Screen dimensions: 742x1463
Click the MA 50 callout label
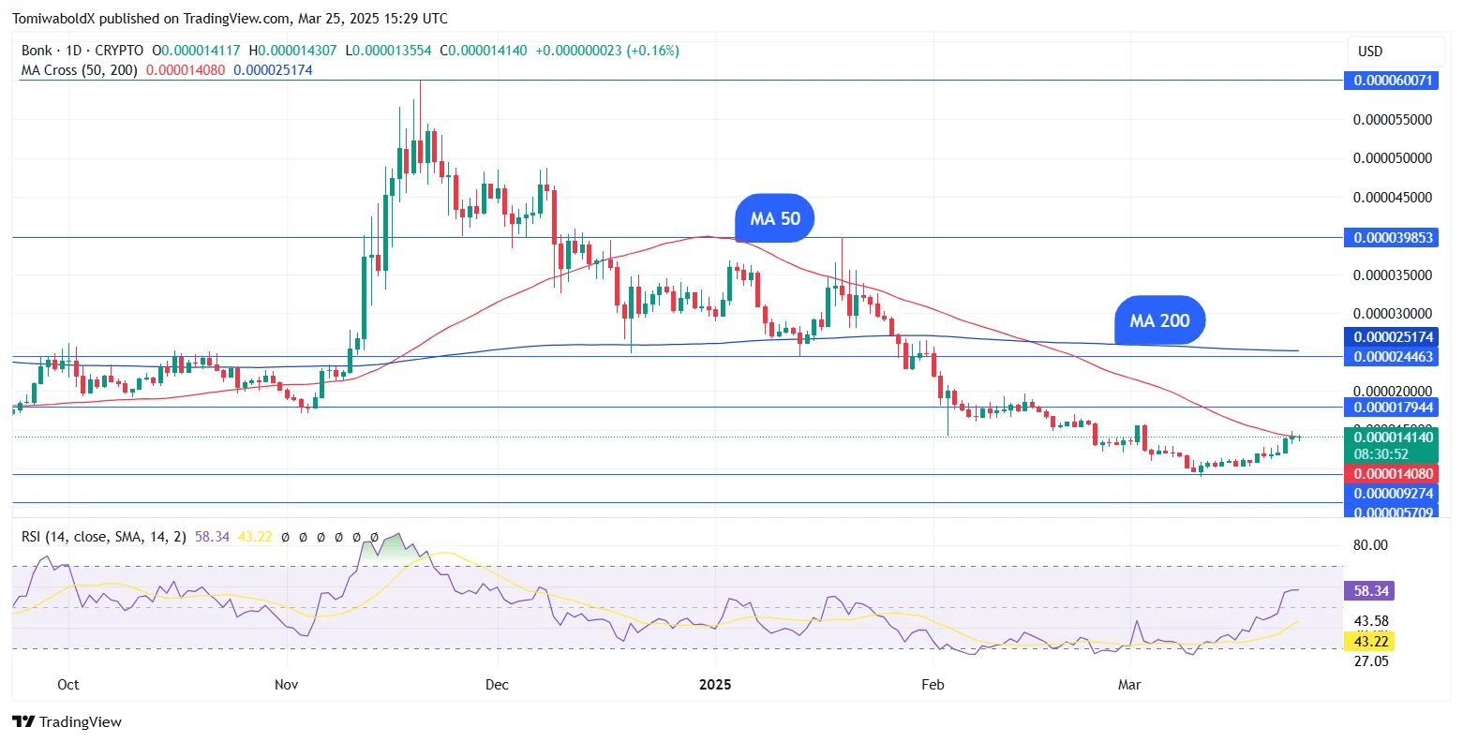click(x=775, y=218)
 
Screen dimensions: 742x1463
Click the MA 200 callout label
click(x=1159, y=320)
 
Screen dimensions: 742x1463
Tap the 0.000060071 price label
click(x=1393, y=81)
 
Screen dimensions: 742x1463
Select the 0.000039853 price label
click(x=1393, y=238)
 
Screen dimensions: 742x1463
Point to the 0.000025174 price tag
click(x=1393, y=337)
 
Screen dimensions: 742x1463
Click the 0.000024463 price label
click(x=1393, y=357)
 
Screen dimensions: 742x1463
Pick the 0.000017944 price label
click(x=1393, y=408)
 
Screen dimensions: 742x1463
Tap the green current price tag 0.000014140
click(x=1393, y=437)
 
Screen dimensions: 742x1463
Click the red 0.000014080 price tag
click(x=1393, y=474)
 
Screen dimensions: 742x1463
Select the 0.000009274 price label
click(x=1393, y=494)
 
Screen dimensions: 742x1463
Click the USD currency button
click(x=1370, y=52)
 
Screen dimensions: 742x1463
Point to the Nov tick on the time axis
click(x=287, y=685)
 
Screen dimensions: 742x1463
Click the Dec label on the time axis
click(x=497, y=685)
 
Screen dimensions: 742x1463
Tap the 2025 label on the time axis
click(x=715, y=685)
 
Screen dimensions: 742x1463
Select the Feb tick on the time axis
click(x=933, y=685)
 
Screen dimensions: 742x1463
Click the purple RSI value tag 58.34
click(x=1371, y=591)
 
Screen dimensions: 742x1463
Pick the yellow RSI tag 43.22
click(x=1371, y=642)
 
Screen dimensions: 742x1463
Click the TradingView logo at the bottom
click(x=67, y=722)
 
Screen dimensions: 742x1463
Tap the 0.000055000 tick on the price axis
click(x=1393, y=120)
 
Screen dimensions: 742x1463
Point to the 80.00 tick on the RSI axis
click(x=1371, y=545)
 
